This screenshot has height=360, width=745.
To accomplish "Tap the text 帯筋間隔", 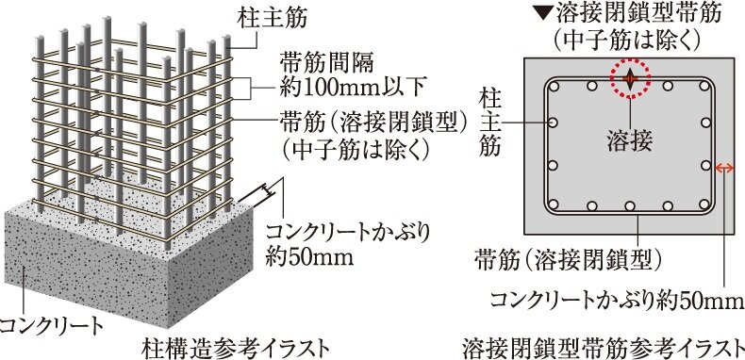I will coord(315,65).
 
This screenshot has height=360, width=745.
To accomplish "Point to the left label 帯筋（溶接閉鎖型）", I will coord(358,123).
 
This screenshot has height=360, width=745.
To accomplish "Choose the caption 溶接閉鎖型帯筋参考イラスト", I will coord(604,343).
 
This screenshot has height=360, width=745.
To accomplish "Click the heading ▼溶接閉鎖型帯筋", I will coord(628,15).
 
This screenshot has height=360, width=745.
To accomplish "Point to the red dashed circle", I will coord(631,80).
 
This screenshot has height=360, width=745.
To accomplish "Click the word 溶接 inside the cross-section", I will coord(630,139).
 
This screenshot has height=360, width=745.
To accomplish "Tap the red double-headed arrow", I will coord(724,168).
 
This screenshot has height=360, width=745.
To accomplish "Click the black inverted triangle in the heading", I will coord(540,15).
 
